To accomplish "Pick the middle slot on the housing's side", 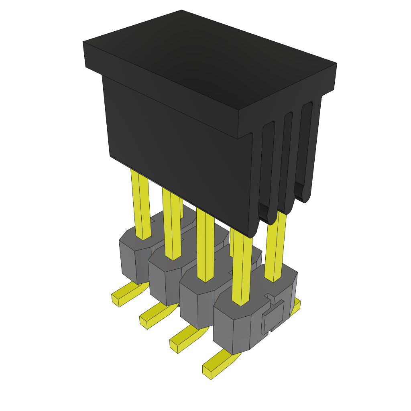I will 287,161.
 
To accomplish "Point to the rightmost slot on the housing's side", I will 306,149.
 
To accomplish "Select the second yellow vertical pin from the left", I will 171,225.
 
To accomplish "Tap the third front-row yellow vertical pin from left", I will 205,245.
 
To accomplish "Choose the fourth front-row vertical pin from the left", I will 242,269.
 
